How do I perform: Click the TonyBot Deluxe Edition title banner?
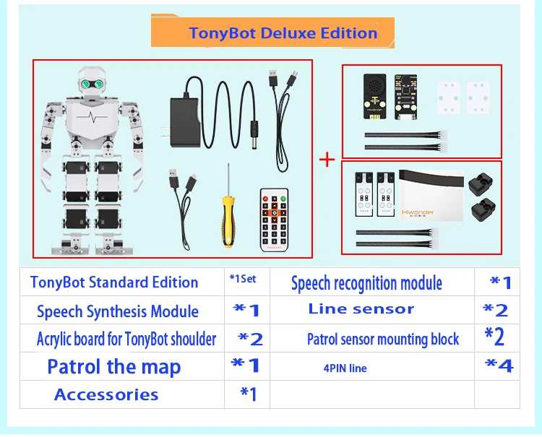pyautogui.click(x=283, y=33)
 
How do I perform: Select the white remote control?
pyautogui.click(x=274, y=219)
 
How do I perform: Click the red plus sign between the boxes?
pyautogui.click(x=327, y=158)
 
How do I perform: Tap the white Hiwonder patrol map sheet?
pyautogui.click(x=431, y=194)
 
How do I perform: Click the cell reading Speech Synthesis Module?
pyautogui.click(x=118, y=312)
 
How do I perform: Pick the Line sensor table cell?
pyautogui.click(x=361, y=309)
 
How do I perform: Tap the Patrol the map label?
pyautogui.click(x=114, y=366)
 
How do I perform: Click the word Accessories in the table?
pyautogui.click(x=106, y=394)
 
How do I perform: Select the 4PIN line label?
pyautogui.click(x=345, y=368)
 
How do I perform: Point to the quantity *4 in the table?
pyautogui.click(x=498, y=366)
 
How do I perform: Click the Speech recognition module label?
pyautogui.click(x=366, y=283)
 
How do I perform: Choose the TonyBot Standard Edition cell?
pyautogui.click(x=114, y=282)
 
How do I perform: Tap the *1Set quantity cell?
pyautogui.click(x=242, y=278)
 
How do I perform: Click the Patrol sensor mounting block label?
pyautogui.click(x=383, y=339)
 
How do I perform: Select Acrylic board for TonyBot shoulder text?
pyautogui.click(x=126, y=339)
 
